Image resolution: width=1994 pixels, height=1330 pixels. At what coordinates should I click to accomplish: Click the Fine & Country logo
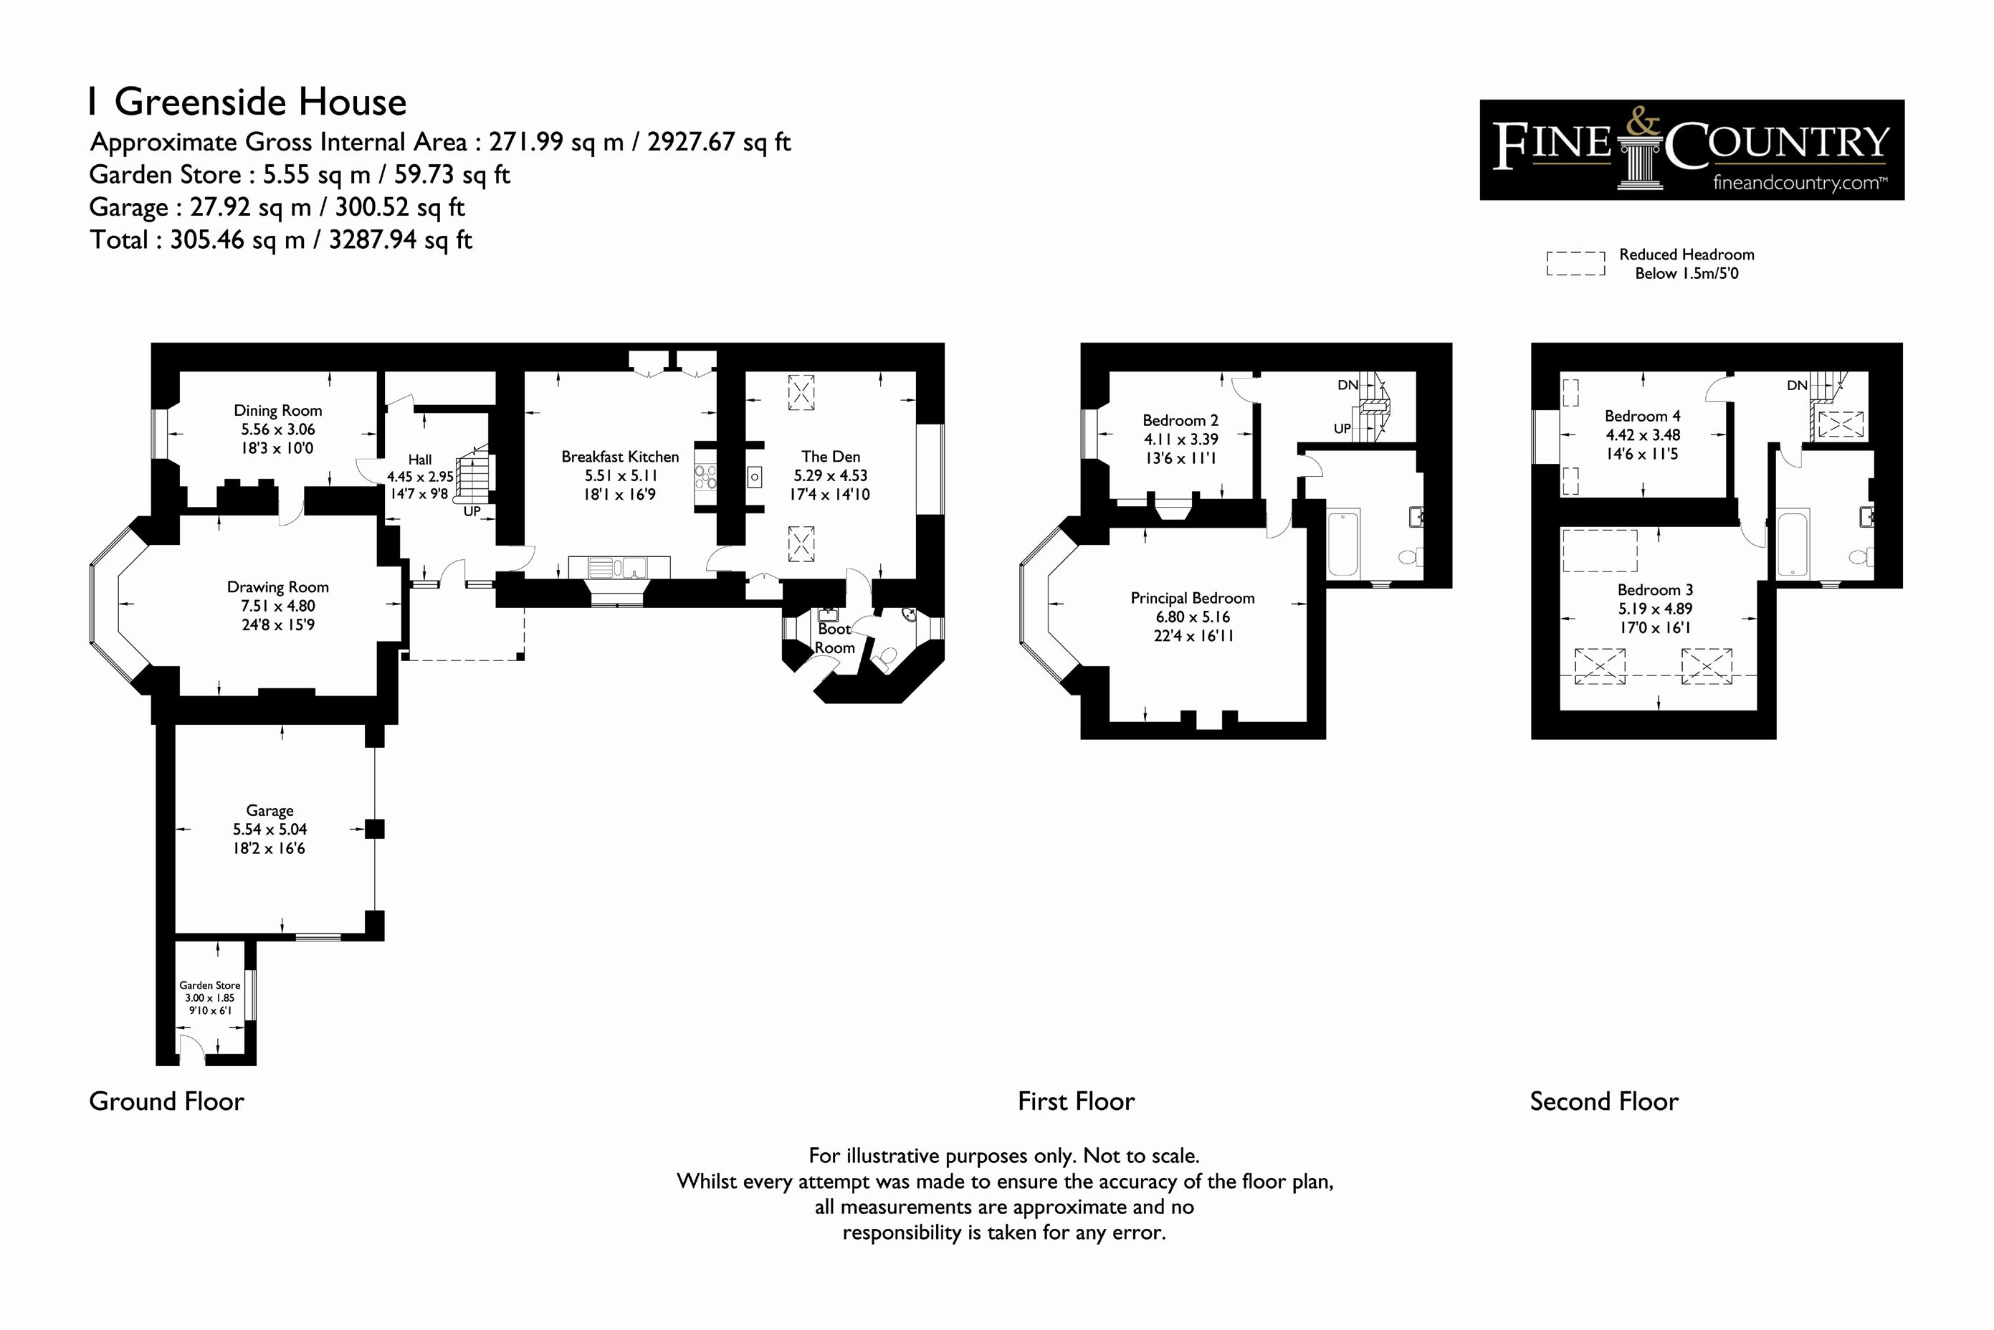point(1692,150)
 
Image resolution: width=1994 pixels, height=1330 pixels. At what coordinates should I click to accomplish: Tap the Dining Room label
point(278,411)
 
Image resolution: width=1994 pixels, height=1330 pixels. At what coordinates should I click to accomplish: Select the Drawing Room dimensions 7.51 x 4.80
point(278,606)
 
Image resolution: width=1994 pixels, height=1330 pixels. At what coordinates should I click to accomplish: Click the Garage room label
point(269,811)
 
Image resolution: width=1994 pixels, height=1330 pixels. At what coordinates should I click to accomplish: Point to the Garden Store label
point(209,986)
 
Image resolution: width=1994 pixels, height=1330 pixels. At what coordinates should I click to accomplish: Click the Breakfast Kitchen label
point(620,456)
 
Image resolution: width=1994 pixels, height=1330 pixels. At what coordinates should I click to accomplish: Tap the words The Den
point(831,456)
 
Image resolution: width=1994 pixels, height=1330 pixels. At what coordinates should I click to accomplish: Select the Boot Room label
point(834,639)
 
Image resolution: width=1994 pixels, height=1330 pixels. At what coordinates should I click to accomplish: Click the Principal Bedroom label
point(1192,598)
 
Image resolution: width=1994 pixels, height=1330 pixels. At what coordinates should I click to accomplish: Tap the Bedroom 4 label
point(1642,417)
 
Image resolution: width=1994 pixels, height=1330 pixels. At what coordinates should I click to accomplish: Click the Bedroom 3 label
point(1655,590)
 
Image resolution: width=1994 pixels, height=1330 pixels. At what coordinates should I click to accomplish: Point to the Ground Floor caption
point(166,1101)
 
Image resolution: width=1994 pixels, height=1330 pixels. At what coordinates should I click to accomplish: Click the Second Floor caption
point(1604,1101)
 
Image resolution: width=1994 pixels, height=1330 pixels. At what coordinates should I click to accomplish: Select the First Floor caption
point(1076,1101)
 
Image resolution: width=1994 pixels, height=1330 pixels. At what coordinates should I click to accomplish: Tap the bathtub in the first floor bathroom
point(1343,543)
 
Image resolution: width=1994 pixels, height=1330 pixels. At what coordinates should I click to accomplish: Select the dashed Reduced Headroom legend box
point(1575,264)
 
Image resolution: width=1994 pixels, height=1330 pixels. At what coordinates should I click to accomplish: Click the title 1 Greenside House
point(247,102)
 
